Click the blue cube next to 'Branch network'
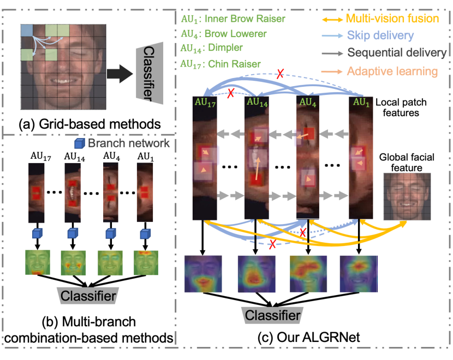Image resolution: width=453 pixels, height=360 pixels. coord(78,143)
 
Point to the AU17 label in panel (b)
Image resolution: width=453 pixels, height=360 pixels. coord(37,157)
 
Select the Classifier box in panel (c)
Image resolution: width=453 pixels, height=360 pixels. coord(271,315)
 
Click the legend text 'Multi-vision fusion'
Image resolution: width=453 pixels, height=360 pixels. coord(392,19)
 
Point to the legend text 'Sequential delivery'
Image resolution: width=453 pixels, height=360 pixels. coord(397,53)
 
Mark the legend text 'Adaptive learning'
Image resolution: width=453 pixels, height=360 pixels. coord(392,71)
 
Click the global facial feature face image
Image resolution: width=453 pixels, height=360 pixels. coord(406,197)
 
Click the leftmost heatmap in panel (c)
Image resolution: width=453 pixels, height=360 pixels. coord(204,275)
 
